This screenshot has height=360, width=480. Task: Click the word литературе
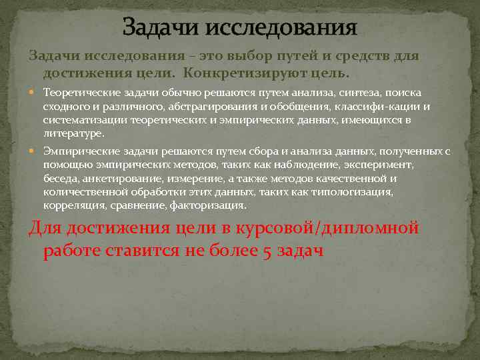pos(73,133)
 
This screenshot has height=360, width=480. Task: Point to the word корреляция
pos(70,205)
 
